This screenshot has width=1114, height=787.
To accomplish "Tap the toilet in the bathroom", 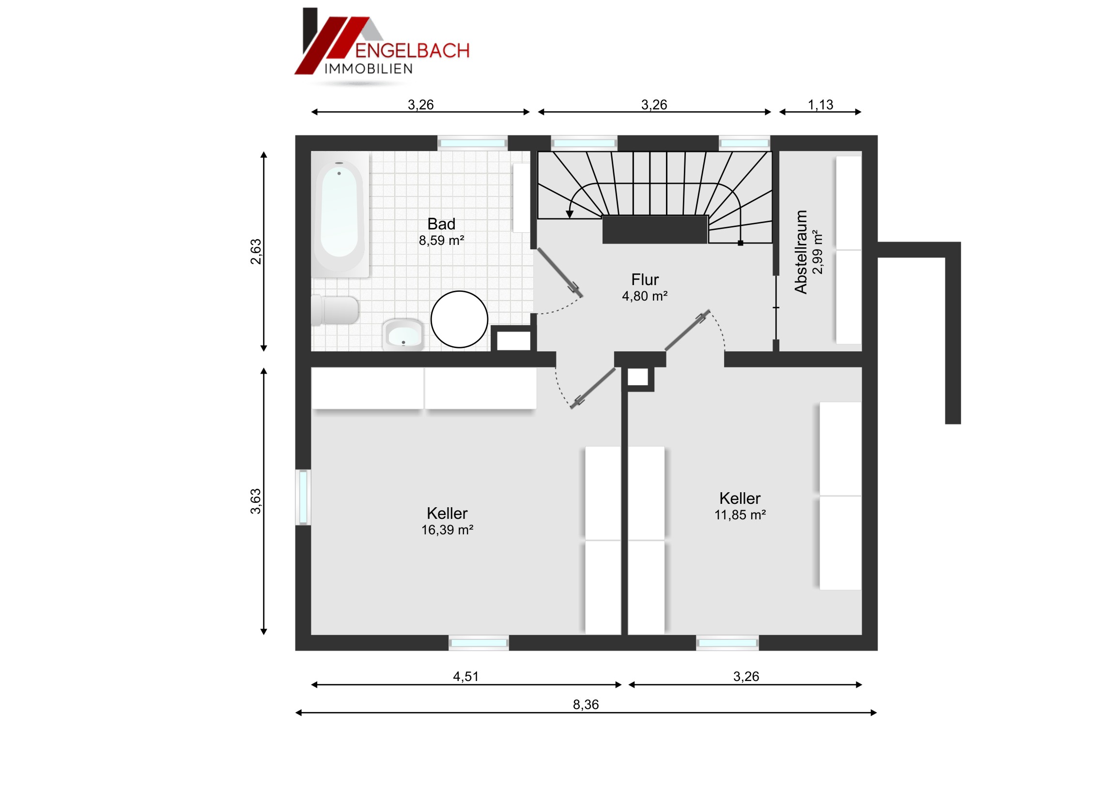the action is click(335, 310).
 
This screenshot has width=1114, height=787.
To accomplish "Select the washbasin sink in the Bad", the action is click(402, 334).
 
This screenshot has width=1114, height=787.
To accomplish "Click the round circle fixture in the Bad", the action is click(459, 319).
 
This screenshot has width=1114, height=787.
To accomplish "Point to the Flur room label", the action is click(645, 280).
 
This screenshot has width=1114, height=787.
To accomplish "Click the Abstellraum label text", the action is click(801, 252).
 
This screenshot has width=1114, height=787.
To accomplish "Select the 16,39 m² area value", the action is click(447, 530).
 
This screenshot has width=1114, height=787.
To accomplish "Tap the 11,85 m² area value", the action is click(740, 515).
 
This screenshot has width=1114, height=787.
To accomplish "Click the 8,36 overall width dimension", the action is click(586, 705).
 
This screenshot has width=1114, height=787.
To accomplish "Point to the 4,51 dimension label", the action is click(466, 677).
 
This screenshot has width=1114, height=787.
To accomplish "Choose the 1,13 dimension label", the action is click(820, 105).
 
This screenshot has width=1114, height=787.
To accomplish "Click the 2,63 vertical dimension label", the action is click(256, 252).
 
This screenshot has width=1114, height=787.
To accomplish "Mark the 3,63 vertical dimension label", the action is click(256, 501).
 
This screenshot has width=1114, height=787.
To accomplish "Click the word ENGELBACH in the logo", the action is click(412, 51).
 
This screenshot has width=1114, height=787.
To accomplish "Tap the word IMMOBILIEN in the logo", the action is click(369, 69).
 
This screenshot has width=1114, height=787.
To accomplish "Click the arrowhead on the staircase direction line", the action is click(570, 214).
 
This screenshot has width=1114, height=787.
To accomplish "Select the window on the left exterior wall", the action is click(303, 497).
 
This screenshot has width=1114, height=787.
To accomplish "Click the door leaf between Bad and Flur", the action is click(559, 272).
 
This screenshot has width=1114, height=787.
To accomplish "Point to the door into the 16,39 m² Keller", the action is click(593, 388).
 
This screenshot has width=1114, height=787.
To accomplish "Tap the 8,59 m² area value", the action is click(442, 241).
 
